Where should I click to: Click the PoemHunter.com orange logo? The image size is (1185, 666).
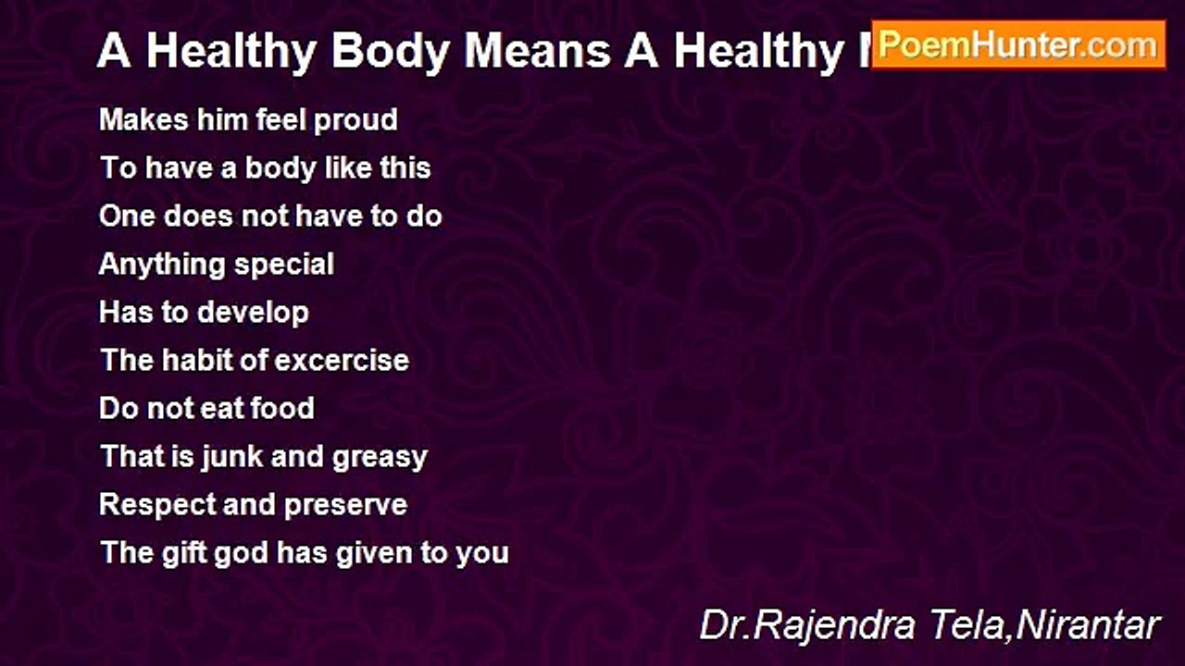pyautogui.click(x=1018, y=44)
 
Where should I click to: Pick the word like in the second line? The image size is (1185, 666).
pyautogui.click(x=349, y=168)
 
